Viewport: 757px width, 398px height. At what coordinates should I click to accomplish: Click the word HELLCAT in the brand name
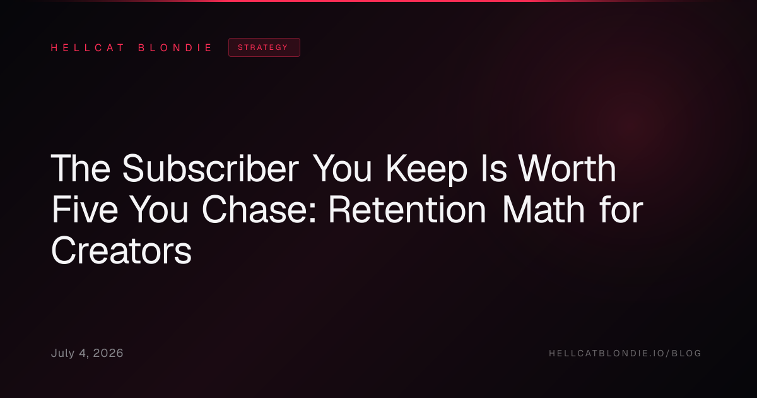[x=88, y=48]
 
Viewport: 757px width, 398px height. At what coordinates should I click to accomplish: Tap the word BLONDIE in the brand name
[x=175, y=48]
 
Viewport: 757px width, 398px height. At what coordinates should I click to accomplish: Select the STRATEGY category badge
[x=264, y=47]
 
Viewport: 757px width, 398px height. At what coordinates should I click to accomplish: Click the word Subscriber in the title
[x=211, y=168]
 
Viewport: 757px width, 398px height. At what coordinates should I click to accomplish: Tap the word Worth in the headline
[x=568, y=168]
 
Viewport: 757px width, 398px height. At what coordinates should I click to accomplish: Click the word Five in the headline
[x=85, y=210]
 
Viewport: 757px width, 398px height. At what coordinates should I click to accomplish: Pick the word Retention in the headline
[x=408, y=210]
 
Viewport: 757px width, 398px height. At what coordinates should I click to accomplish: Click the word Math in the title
[x=544, y=210]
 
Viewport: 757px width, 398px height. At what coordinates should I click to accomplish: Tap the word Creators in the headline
[x=121, y=251]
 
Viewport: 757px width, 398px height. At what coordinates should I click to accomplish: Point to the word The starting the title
[x=81, y=168]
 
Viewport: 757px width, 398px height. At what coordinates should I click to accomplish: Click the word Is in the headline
[x=494, y=168]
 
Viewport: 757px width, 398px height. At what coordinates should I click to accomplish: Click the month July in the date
[x=63, y=353]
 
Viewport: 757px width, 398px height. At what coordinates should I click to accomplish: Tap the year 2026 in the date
[x=108, y=353]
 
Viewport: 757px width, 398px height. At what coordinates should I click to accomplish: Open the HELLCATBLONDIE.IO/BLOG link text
[x=625, y=353]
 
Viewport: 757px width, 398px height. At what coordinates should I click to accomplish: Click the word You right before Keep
[x=343, y=168]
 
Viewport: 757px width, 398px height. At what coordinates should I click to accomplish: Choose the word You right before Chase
[x=158, y=210]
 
